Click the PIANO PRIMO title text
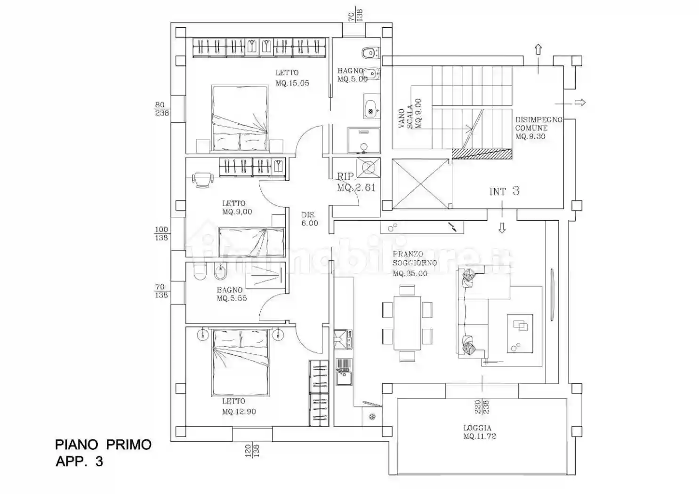point(103,445)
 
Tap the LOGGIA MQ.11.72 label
point(480,432)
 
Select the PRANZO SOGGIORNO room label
point(414,264)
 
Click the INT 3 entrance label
point(504,191)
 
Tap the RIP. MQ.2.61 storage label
point(356,182)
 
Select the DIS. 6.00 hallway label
point(310,219)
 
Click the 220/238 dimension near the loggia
point(482,406)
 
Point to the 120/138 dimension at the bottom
point(252,451)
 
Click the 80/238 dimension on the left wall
point(162,109)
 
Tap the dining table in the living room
point(407,323)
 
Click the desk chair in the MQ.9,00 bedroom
point(203,180)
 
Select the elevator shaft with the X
point(421,183)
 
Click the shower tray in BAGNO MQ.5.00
point(363,140)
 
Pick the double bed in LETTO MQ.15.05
point(240,119)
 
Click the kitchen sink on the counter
point(344,378)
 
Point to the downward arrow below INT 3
point(502,228)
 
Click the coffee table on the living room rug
point(520,334)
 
